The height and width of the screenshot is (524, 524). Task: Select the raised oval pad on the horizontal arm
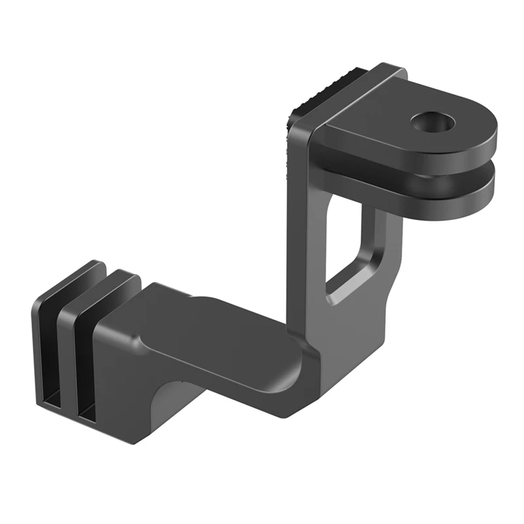click(223, 327)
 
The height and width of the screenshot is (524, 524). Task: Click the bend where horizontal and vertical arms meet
click(308, 367)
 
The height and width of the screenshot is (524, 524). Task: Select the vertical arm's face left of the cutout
click(308, 249)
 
